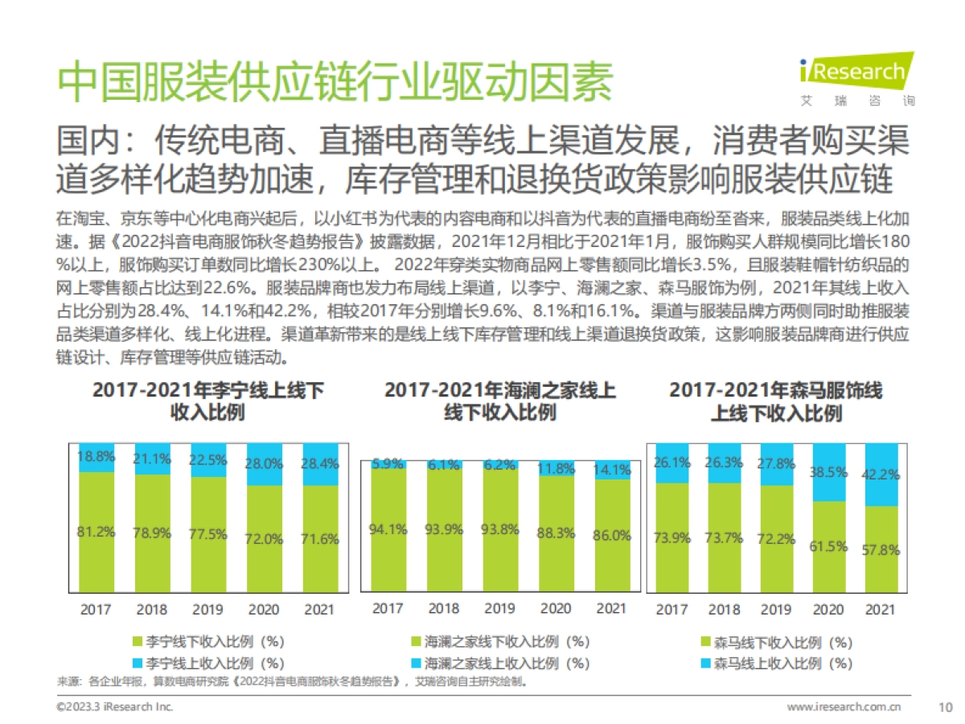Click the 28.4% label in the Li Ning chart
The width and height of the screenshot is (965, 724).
320,464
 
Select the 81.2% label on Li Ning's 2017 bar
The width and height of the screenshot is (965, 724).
96,532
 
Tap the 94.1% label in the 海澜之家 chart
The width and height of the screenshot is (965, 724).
387,529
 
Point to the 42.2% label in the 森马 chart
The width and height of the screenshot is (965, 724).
880,474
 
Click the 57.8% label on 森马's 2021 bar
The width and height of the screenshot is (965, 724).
880,551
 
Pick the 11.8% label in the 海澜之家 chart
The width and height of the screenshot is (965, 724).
556,467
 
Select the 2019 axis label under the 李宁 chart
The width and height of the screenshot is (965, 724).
207,609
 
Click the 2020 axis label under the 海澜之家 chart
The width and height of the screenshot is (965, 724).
556,608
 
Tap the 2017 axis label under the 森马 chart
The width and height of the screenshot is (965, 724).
671,609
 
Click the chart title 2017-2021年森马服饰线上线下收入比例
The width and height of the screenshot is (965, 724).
776,402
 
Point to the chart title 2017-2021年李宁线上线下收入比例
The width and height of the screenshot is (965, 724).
208,402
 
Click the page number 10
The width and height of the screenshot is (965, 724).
945,706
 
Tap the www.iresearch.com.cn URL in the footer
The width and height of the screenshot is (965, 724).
844,706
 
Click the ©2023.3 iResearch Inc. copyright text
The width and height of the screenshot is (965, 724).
114,706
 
